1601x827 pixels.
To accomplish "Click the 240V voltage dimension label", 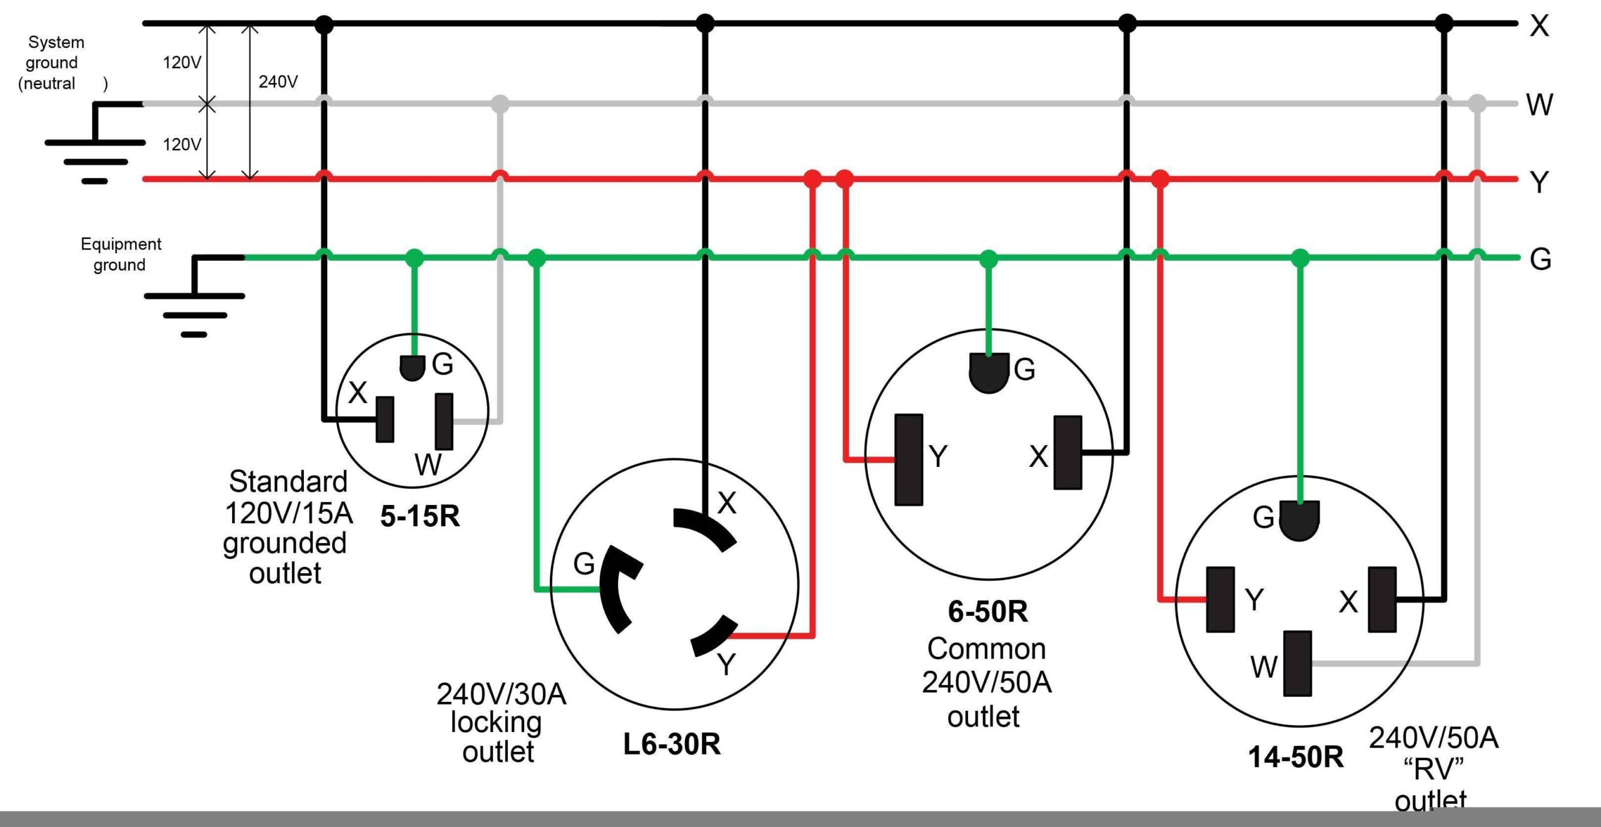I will point(278,82).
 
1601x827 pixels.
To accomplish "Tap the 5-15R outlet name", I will point(420,516).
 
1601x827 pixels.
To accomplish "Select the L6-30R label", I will point(672,744).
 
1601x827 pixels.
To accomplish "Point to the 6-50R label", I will point(987,611).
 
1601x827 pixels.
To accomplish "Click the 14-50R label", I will point(1296,757).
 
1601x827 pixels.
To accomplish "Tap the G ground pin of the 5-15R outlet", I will point(412,368).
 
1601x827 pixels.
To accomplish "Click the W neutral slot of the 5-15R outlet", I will point(444,421).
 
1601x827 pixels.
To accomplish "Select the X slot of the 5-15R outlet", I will point(385,419).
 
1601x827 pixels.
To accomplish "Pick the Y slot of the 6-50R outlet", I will point(909,459).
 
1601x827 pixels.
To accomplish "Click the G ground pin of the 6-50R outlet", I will point(989,373).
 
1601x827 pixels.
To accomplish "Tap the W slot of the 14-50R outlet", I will point(1297,663).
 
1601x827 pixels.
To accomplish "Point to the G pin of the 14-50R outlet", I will point(1300,520).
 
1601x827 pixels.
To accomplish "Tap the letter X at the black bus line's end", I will point(1540,26).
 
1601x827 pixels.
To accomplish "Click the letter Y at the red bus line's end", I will point(1539,182).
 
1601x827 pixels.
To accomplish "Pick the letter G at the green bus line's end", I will point(1540,259).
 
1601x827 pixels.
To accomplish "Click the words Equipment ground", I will point(121,254).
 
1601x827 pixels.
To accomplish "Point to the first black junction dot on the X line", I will point(323,24).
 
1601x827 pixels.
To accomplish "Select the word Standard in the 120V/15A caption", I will point(288,481).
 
